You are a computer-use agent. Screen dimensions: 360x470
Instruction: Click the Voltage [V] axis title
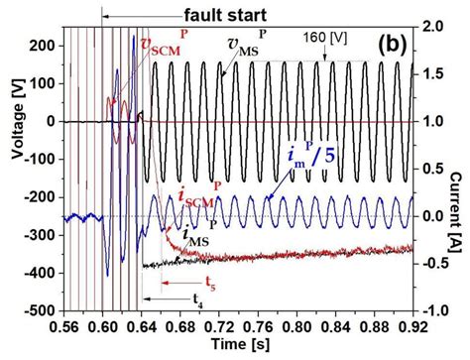(x=11, y=170)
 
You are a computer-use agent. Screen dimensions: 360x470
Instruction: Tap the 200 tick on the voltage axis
(x=40, y=47)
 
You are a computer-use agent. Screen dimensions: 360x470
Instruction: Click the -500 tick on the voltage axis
(x=37, y=309)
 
